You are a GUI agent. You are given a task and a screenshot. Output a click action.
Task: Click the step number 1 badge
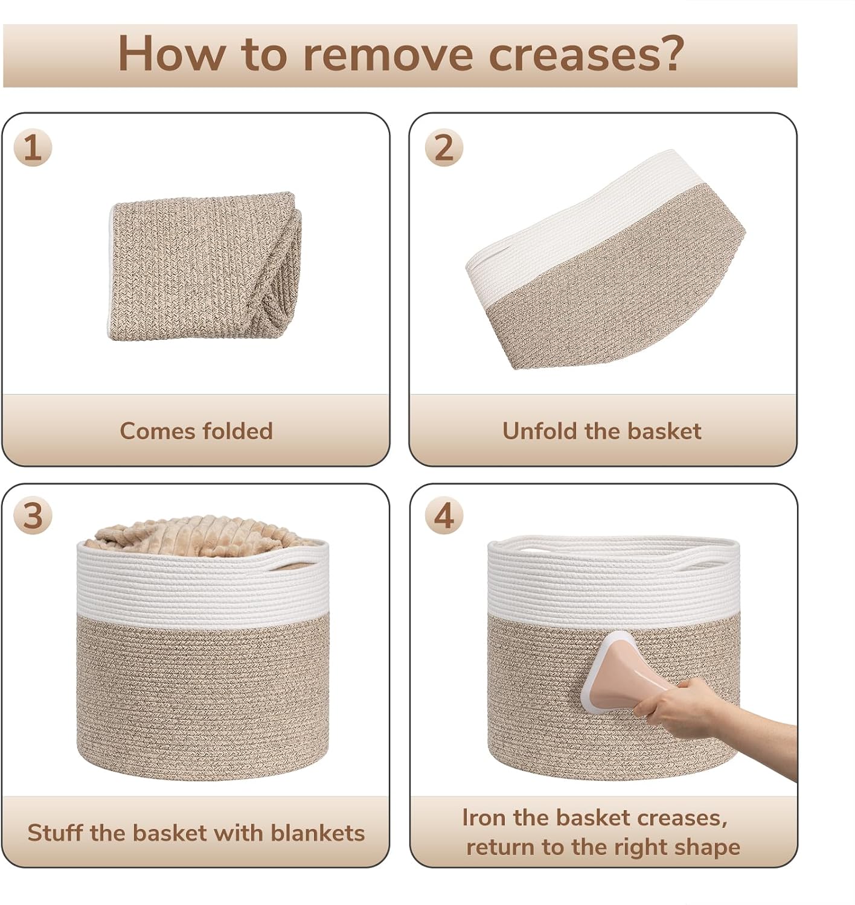33,148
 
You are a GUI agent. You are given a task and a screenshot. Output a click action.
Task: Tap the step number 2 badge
444,148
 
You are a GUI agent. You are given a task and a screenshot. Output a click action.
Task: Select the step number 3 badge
33,516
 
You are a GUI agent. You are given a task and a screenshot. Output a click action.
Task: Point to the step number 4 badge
444,516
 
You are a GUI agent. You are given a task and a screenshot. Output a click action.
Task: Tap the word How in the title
171,53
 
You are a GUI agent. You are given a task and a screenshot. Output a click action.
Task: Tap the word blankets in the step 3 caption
318,833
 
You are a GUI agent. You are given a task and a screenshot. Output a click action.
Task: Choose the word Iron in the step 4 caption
484,818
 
